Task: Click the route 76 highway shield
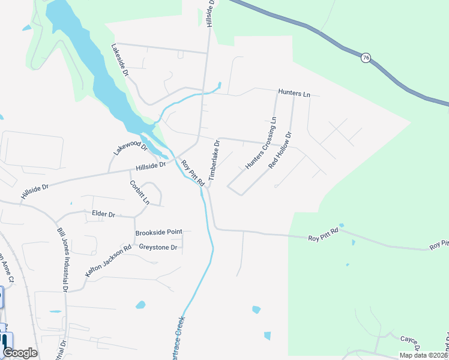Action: (366, 58)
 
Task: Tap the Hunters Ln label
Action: (294, 94)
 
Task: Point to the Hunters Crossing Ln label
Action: (260, 143)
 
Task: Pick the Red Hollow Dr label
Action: (280, 150)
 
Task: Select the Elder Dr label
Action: (103, 213)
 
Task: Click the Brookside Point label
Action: (158, 232)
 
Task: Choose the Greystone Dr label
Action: (158, 247)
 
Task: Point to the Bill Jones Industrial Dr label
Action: (62, 259)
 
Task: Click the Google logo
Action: (20, 353)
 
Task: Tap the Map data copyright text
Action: (423, 355)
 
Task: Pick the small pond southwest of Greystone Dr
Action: (140, 305)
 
